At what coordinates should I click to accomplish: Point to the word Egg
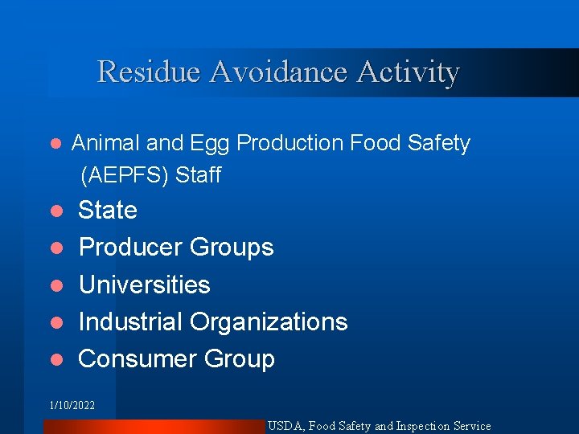point(210,145)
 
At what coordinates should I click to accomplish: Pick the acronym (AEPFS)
point(122,175)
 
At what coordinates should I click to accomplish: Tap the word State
point(108,211)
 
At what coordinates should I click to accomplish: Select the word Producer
point(129,248)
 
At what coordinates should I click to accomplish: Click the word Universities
point(145,285)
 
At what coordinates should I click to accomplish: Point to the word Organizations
point(269,322)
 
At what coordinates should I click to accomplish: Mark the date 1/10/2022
point(72,406)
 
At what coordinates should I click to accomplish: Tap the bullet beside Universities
point(56,286)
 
